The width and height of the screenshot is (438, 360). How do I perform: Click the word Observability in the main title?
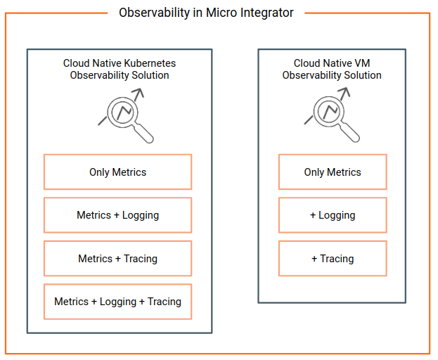155,13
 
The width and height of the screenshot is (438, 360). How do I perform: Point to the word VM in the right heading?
362,63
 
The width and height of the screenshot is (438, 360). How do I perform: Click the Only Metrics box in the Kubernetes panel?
117,172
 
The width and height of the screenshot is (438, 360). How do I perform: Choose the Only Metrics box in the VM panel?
333,172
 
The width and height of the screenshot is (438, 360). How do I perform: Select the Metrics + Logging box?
117,215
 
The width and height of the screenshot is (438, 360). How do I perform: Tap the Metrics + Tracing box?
117,258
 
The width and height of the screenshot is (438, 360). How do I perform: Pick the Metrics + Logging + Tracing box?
117,302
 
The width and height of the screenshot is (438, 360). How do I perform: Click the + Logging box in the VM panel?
333,215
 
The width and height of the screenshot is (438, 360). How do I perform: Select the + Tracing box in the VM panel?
333,258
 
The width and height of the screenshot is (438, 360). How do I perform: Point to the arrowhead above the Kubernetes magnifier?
139,92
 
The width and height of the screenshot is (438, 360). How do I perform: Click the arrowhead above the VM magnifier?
344,91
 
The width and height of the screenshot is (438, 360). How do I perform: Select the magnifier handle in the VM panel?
349,132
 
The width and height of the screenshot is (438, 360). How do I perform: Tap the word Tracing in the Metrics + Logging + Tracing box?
165,302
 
